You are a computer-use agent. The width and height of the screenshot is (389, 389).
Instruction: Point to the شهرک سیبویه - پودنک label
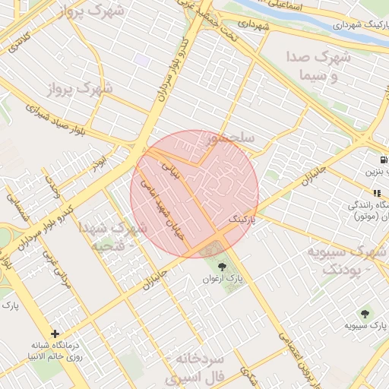pyautogui.click(x=346, y=260)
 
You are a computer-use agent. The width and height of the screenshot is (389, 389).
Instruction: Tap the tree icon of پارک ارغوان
pyautogui.click(x=222, y=266)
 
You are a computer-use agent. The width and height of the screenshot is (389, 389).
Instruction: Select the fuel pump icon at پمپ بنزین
pyautogui.click(x=383, y=160)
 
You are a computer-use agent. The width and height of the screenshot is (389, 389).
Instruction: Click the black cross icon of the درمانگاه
pyautogui.click(x=55, y=333)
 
